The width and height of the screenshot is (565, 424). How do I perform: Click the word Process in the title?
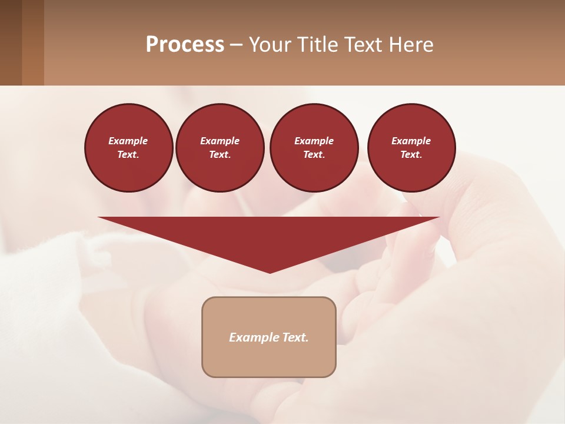[185, 45]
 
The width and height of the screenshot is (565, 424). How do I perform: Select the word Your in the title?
[270, 45]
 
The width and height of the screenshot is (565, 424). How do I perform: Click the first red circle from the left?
[128, 147]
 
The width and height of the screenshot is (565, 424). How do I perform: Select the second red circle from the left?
[220, 147]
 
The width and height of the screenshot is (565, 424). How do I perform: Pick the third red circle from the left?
[314, 147]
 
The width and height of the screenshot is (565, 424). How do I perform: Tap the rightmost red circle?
[411, 147]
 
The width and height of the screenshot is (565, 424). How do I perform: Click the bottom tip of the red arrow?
[270, 271]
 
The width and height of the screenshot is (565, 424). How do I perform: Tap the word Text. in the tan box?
[294, 337]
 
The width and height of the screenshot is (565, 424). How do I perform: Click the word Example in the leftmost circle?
[128, 141]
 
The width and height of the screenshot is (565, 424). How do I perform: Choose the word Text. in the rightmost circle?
[411, 154]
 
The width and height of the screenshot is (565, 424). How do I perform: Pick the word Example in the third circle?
[314, 141]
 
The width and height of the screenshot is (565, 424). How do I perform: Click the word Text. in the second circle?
[220, 154]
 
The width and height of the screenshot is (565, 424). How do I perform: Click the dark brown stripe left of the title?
[11, 42]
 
